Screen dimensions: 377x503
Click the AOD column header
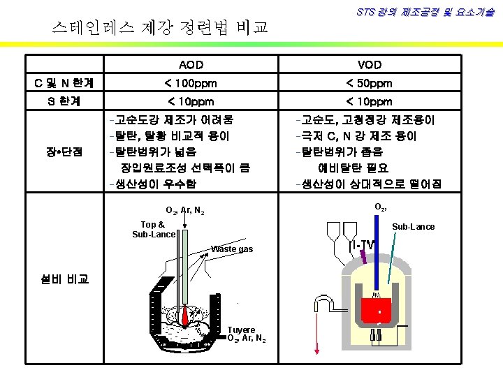click(x=191, y=65)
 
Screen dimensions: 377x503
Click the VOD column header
click(x=370, y=65)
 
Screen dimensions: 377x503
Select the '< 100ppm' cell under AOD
click(x=191, y=83)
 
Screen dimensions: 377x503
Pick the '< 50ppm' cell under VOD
click(x=370, y=83)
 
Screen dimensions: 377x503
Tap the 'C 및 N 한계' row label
click(x=59, y=83)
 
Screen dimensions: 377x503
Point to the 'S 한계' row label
click(x=59, y=101)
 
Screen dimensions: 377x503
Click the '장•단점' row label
click(x=59, y=151)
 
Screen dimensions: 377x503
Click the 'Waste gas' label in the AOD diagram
click(x=232, y=249)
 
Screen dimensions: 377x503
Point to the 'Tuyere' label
click(x=242, y=330)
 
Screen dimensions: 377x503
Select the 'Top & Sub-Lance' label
click(x=154, y=229)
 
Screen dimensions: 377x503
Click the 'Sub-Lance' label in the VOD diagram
click(x=413, y=226)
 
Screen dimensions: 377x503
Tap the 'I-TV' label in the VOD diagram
click(x=362, y=245)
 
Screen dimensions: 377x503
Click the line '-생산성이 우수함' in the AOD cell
click(x=152, y=184)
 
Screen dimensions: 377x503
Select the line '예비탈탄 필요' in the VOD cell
click(x=353, y=168)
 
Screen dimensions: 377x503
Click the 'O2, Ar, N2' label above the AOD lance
click(x=184, y=210)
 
